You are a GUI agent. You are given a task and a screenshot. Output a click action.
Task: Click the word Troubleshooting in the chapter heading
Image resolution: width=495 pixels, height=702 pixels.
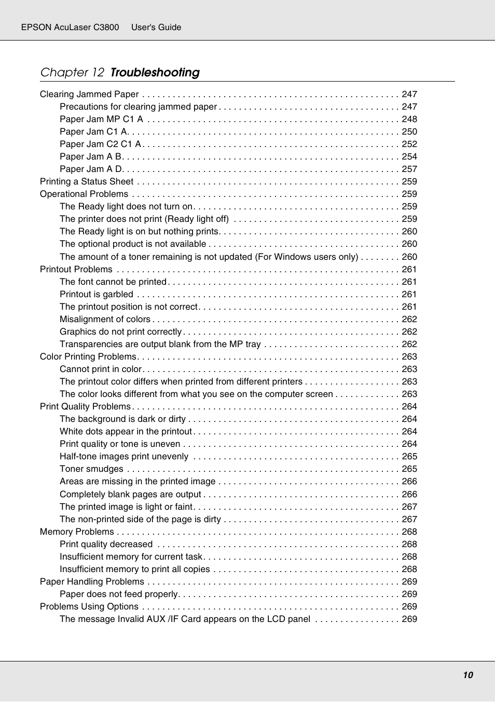155,72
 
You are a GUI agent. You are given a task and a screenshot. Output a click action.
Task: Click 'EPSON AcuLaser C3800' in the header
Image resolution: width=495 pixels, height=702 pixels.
70,27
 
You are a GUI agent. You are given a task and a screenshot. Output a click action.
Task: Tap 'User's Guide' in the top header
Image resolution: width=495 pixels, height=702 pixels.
156,27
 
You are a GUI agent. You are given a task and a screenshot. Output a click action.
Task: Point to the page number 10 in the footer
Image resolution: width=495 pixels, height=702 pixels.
467,675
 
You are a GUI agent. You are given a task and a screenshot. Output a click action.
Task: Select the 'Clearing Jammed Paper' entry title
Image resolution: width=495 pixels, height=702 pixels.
89,94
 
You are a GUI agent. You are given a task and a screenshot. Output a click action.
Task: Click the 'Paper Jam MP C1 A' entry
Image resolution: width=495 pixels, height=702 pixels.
101,119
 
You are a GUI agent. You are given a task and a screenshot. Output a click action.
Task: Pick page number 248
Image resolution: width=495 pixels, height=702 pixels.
409,119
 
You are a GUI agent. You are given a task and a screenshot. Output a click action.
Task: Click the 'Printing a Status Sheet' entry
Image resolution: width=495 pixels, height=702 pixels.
87,181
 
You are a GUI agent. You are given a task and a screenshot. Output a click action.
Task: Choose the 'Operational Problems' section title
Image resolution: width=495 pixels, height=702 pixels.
84,194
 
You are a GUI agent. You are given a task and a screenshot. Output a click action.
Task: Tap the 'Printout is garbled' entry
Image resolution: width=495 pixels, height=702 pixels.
97,294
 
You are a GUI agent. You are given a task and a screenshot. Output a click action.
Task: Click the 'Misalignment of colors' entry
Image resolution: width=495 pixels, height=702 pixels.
105,319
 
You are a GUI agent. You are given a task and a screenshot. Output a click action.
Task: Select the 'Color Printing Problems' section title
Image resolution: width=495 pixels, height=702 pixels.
88,356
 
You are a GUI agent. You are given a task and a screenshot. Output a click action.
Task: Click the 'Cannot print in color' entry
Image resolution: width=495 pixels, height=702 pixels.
101,369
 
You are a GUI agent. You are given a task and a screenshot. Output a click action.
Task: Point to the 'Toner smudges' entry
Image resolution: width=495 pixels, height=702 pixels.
91,469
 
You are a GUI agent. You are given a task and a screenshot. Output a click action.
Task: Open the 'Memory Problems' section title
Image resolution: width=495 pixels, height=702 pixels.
77,532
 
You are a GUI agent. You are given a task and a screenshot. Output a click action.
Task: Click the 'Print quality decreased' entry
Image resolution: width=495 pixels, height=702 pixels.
106,544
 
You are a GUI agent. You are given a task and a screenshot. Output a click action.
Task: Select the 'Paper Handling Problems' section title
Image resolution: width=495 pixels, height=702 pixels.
92,581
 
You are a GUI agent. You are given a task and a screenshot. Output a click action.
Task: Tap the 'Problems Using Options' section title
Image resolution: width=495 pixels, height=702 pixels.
89,606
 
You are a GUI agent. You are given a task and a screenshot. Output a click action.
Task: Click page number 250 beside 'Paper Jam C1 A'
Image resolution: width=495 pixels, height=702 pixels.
409,131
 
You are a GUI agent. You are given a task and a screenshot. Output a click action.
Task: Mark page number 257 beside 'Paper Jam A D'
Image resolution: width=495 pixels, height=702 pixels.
409,169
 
